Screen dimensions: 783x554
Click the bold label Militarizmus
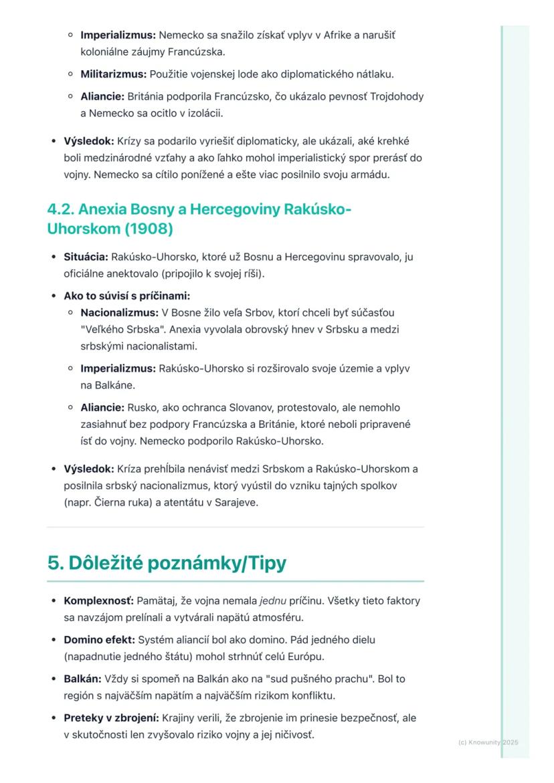tap(113, 74)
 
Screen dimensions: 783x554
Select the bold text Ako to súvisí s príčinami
tap(126, 296)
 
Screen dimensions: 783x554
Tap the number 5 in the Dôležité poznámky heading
tap(53, 563)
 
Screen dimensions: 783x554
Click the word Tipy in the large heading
tap(264, 563)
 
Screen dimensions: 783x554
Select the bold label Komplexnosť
tap(98, 600)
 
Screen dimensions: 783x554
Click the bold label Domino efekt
tap(99, 640)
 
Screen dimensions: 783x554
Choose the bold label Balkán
tap(82, 679)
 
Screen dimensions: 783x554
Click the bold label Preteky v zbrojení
tap(111, 717)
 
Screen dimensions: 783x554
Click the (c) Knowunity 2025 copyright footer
tap(488, 742)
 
